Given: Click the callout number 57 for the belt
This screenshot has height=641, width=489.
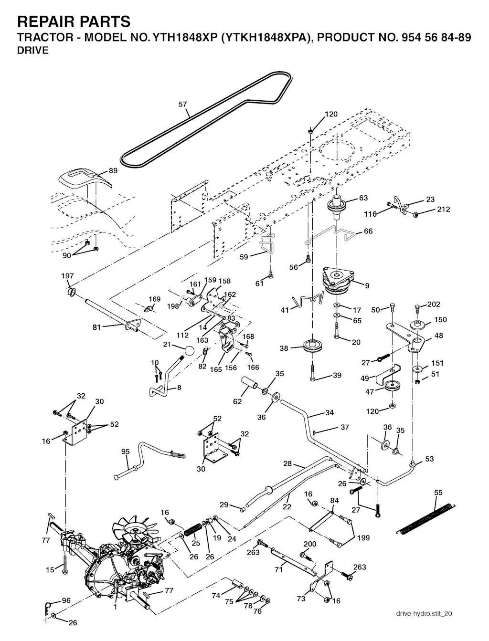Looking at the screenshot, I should [183, 104].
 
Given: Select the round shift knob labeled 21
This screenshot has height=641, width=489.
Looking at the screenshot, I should [190, 351].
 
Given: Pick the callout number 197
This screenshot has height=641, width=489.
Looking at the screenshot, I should [67, 276].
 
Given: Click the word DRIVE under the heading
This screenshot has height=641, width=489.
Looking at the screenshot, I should [33, 51].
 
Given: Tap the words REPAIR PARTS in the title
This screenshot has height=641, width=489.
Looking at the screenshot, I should [74, 21].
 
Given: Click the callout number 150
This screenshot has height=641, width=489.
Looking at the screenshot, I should [440, 319].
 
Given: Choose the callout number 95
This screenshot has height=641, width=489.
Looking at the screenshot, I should [126, 452].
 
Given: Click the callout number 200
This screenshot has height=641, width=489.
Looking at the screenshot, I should [310, 544].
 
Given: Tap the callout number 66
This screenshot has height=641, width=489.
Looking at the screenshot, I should [368, 231].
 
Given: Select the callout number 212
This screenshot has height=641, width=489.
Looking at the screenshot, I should [443, 209].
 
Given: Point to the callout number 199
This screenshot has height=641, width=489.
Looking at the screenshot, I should [363, 538].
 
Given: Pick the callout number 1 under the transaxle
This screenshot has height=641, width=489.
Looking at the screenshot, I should [115, 607].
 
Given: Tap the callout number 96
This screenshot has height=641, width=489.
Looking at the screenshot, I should [66, 600].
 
